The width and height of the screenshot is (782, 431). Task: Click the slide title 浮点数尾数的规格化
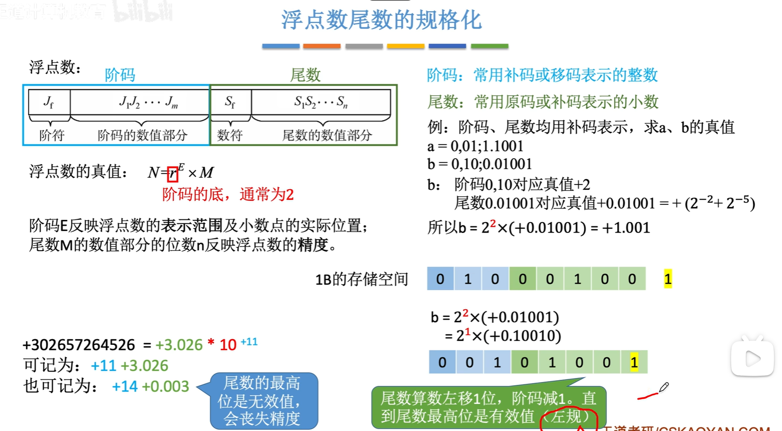point(381,20)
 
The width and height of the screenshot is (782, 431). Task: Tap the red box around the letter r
point(173,174)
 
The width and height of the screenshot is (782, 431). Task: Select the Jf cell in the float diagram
point(49,102)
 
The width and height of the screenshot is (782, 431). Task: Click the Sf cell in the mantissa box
point(230,102)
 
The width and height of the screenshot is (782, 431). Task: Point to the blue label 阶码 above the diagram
point(120,75)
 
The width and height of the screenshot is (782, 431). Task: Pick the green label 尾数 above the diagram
point(305,75)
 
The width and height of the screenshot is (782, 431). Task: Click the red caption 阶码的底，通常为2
point(228,194)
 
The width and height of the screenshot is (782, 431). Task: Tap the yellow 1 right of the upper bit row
point(668,279)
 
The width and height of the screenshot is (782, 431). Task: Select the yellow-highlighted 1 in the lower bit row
point(634,362)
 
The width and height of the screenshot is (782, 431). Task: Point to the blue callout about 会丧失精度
point(263,401)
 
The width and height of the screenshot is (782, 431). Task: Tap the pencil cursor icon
point(664,387)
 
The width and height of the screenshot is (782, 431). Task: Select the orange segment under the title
point(322,46)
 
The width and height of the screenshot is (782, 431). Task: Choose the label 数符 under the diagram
point(230,135)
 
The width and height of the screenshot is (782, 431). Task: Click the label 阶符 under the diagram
point(52,135)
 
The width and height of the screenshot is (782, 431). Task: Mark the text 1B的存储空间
point(362,279)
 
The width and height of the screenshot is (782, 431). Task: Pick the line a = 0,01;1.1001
point(475,146)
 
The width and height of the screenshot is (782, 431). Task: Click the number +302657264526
point(79,345)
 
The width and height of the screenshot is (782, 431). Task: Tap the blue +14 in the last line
point(125,387)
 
